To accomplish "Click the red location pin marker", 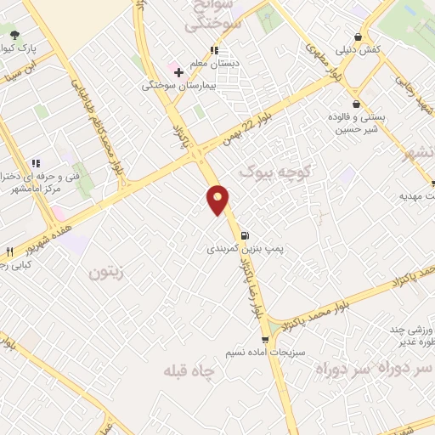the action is (218, 199).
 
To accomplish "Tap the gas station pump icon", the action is (245, 235).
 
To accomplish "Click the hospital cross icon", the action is (178, 73).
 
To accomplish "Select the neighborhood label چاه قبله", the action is (191, 371).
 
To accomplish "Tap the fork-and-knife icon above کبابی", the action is (9, 251).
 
